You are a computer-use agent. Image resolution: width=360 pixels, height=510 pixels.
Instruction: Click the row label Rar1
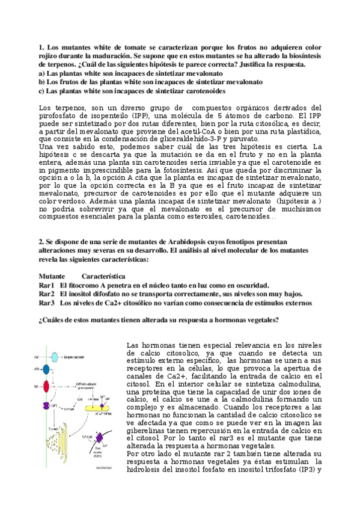tap(46, 284)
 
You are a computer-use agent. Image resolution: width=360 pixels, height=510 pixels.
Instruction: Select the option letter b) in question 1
tap(41, 82)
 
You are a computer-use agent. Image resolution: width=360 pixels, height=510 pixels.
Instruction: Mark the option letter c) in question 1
tap(41, 91)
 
